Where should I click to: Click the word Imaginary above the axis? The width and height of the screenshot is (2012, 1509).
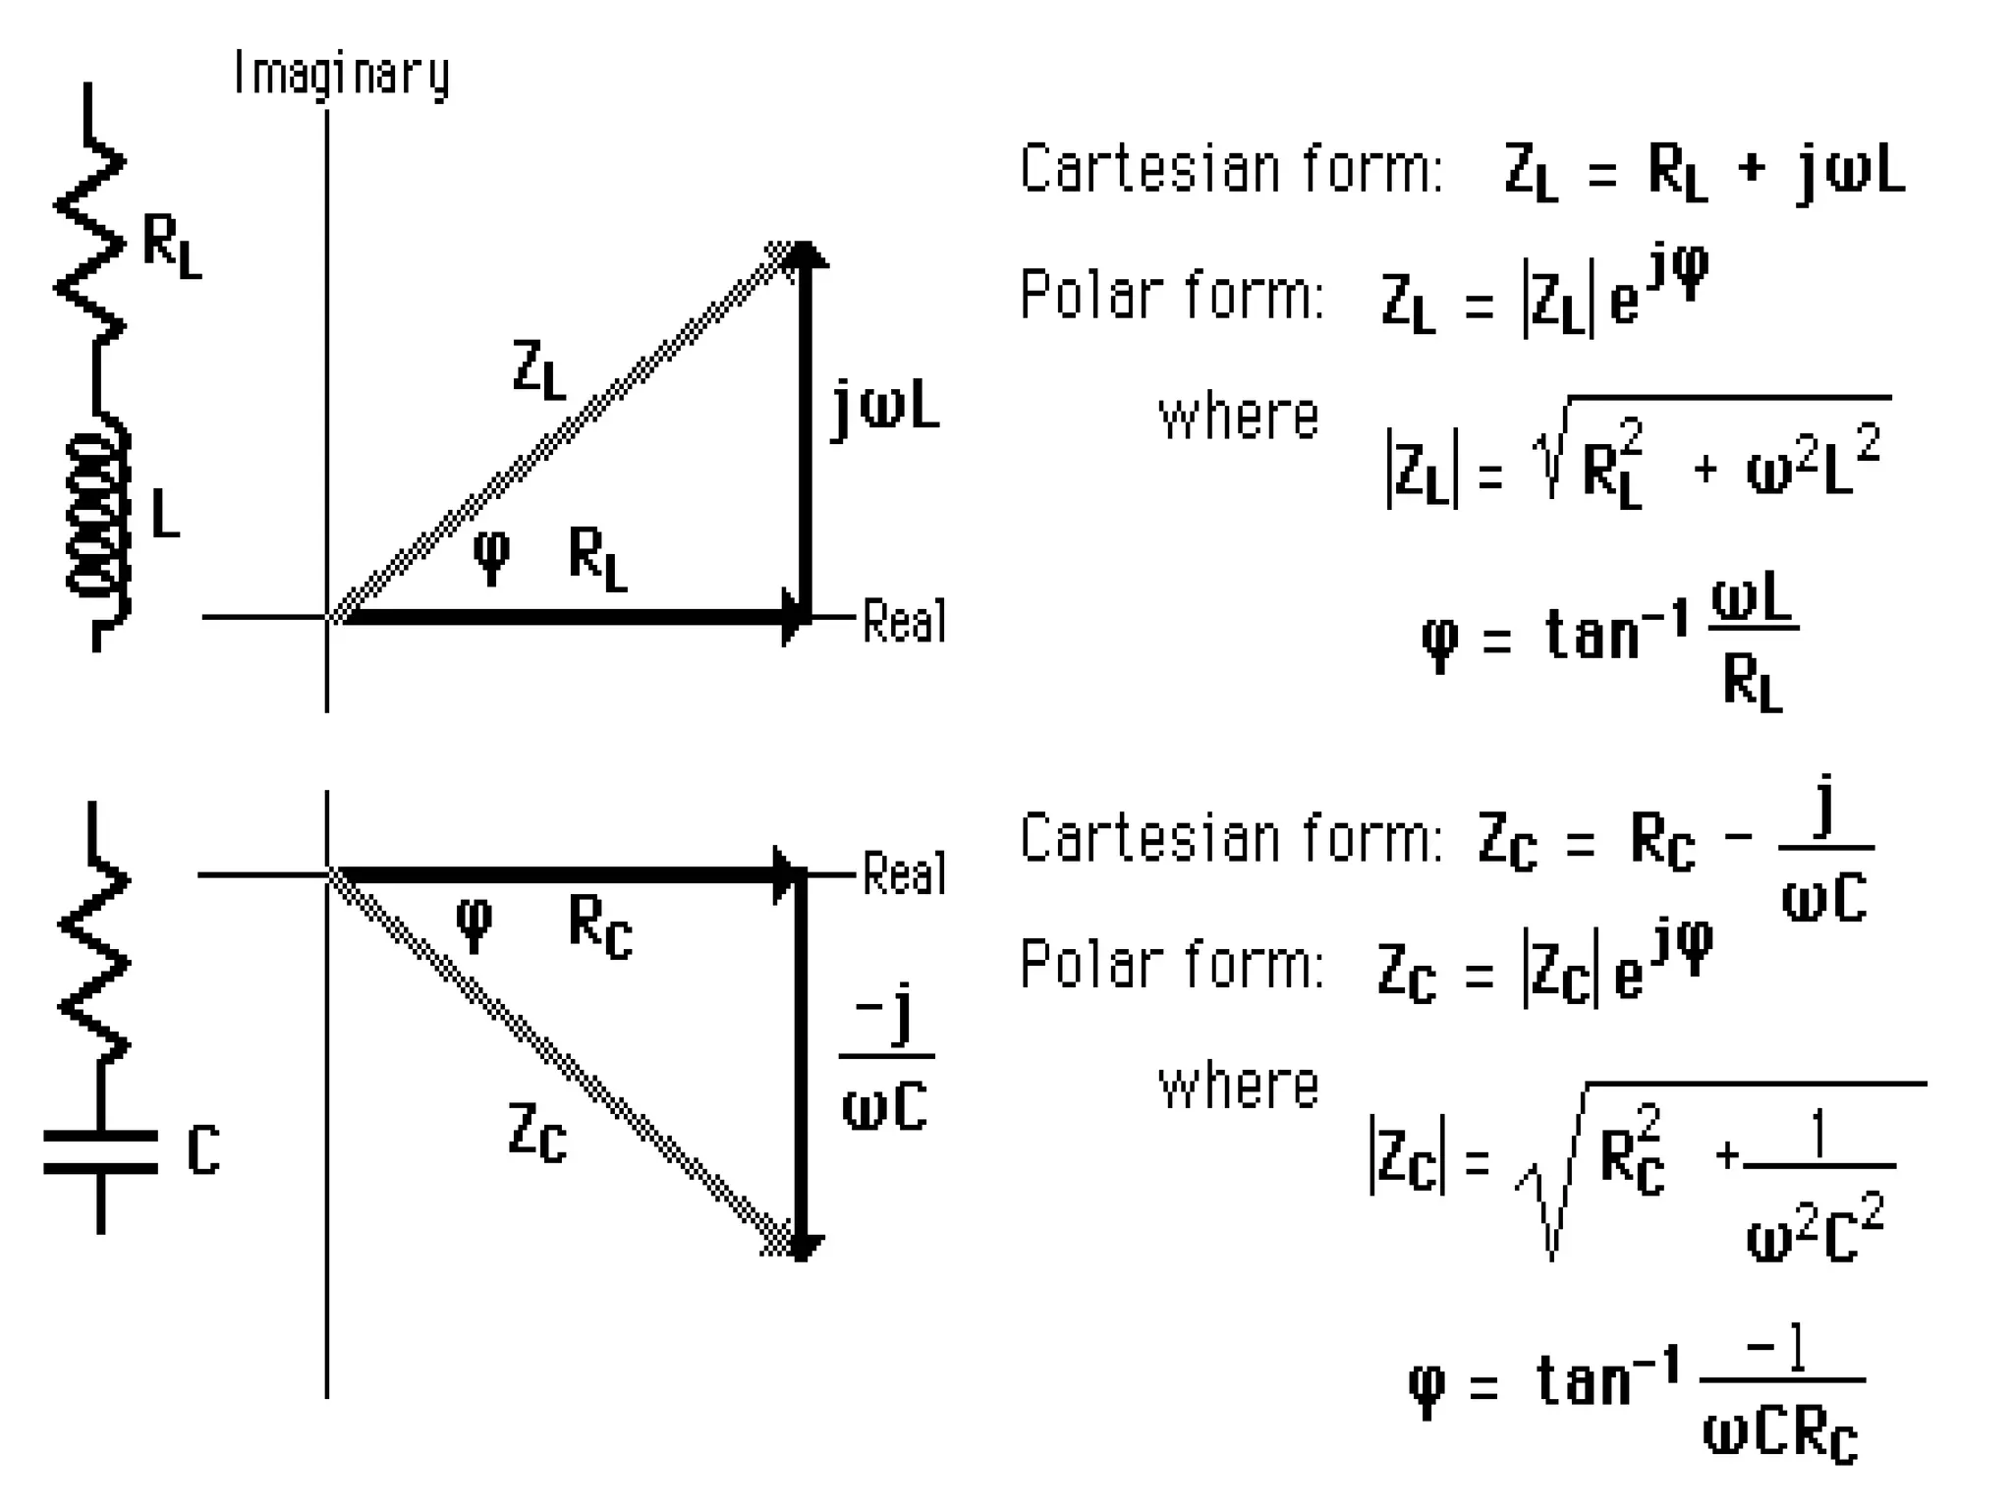(x=341, y=75)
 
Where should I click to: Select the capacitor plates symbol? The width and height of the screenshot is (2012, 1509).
(x=100, y=1151)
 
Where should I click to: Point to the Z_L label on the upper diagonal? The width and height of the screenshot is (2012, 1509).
(x=539, y=369)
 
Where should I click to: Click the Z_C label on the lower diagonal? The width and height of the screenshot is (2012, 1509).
(x=537, y=1132)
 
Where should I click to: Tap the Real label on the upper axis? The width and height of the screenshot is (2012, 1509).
(x=904, y=621)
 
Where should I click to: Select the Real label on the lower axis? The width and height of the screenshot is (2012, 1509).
(x=904, y=873)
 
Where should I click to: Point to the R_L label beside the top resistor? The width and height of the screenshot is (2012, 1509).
(x=172, y=246)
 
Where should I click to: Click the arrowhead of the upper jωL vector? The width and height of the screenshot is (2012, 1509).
(x=805, y=255)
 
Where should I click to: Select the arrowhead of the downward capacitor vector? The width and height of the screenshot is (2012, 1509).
(x=802, y=1246)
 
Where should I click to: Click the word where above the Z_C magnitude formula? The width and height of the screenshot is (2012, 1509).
(x=1238, y=1087)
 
